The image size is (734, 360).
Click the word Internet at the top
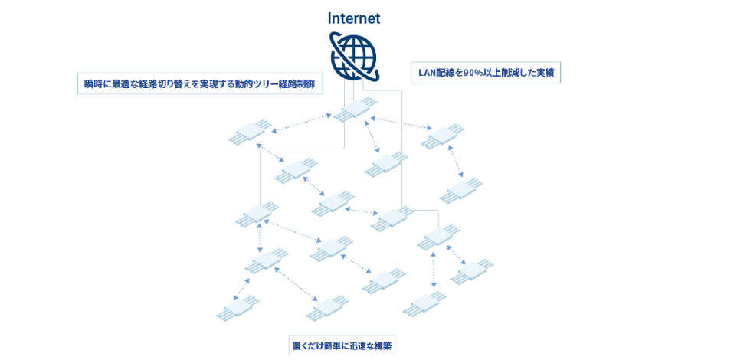click(353, 18)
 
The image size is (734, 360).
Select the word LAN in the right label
click(427, 73)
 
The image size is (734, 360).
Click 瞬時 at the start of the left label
click(93, 83)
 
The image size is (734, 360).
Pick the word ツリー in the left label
click(267, 83)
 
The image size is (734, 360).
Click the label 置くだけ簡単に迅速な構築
click(342, 345)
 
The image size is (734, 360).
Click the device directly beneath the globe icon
click(355, 110)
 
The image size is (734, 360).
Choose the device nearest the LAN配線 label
click(443, 135)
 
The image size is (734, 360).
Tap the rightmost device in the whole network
click(471, 271)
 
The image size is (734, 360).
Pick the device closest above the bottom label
click(328, 308)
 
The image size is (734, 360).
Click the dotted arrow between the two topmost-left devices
click(303, 124)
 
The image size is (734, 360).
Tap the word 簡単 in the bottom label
click(333, 345)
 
